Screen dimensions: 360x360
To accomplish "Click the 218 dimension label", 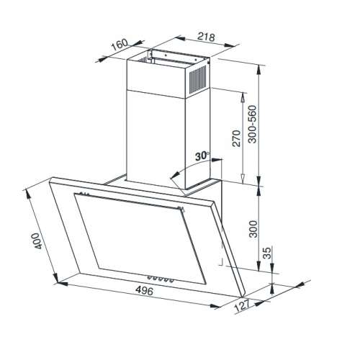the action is [x=206, y=37].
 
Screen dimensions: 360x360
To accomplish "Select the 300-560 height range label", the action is [x=252, y=125].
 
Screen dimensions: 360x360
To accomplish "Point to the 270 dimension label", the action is [x=236, y=138].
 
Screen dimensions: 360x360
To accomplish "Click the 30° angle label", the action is [x=202, y=156].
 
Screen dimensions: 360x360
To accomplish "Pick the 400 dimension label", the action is [x=37, y=240].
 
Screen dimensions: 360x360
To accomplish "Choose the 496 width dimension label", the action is [x=144, y=291].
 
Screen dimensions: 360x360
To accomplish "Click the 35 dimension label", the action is [x=267, y=253].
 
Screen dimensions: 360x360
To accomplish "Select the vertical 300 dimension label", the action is [x=253, y=229].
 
